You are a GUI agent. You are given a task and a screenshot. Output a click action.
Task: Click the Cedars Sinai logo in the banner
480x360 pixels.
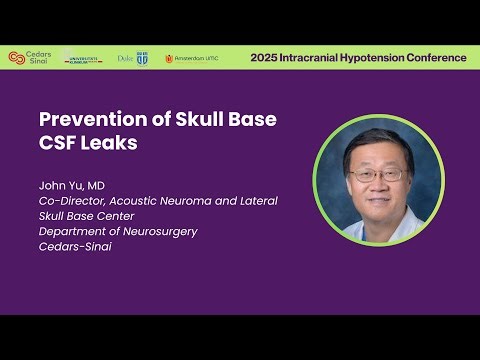click(27, 58)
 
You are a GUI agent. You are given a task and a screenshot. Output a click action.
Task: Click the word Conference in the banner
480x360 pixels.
click(440, 58)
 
